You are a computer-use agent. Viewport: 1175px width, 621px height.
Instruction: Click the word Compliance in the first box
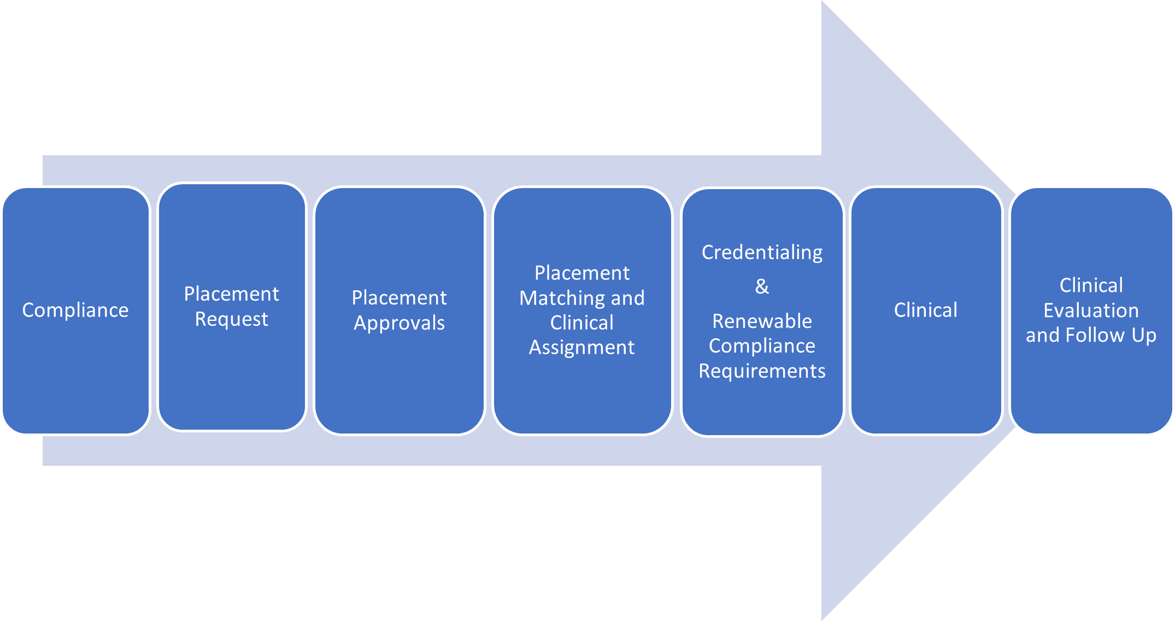(x=75, y=310)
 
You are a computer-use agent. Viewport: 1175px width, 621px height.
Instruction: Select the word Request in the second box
(x=231, y=319)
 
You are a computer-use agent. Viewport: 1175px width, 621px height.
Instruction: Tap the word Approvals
(x=399, y=323)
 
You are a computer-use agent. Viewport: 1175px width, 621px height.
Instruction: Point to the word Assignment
(x=581, y=348)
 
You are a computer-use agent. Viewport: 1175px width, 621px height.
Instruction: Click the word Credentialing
(x=762, y=253)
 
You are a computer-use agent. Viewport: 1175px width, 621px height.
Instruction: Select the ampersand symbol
(x=762, y=286)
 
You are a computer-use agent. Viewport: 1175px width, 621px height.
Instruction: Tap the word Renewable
(x=762, y=321)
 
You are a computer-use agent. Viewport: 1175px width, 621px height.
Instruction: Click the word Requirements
(x=762, y=371)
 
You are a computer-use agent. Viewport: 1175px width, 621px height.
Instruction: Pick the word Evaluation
(x=1091, y=310)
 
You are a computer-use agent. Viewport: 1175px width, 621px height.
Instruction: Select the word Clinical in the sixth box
(x=925, y=310)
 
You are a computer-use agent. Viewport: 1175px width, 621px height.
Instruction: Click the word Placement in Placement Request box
(x=231, y=294)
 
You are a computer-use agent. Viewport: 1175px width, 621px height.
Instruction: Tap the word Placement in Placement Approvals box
(x=399, y=298)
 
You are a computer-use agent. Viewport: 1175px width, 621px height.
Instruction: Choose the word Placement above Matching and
(x=581, y=273)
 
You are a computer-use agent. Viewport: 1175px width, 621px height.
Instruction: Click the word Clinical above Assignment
(x=581, y=323)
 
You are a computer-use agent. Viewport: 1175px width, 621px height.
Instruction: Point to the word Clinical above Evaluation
(x=1091, y=285)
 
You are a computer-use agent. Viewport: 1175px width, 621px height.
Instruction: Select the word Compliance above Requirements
(x=762, y=346)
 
